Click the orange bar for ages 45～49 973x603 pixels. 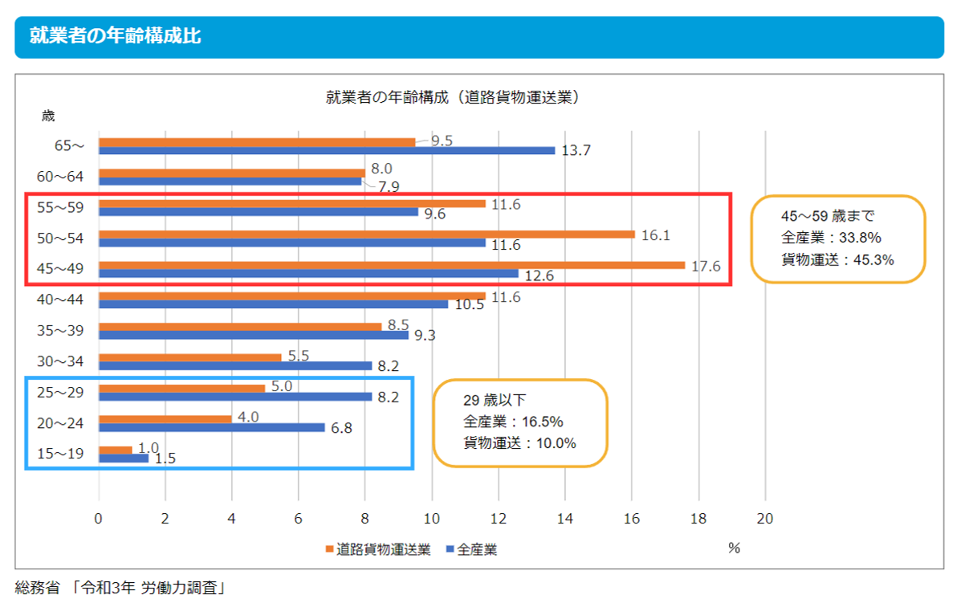(392, 265)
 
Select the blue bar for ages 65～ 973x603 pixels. (326, 150)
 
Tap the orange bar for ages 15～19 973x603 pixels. (115, 450)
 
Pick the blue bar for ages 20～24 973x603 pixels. (212, 427)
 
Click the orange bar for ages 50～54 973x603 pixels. (367, 234)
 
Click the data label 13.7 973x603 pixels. (576, 151)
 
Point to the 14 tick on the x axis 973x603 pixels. (565, 519)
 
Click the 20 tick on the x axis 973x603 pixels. (764, 519)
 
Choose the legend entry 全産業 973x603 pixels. (477, 550)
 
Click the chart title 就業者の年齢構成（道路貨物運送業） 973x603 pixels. (453, 98)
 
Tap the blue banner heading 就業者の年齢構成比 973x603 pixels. (115, 36)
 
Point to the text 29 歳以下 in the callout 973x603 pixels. (494, 401)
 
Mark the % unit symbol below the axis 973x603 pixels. (733, 548)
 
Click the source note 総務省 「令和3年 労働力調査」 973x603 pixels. (120, 588)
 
